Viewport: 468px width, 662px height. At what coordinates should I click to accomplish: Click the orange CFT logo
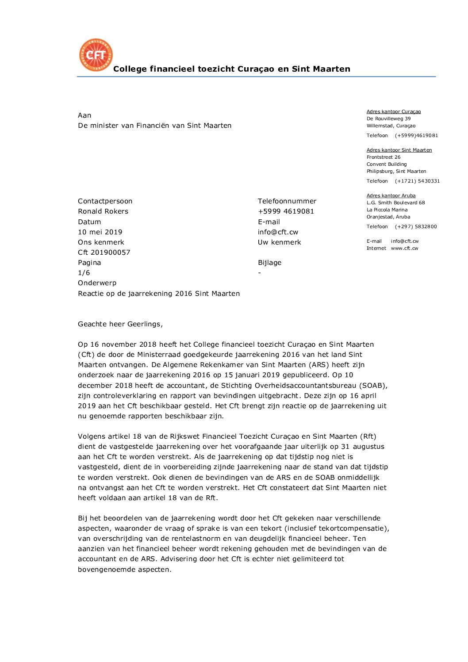[x=96, y=55]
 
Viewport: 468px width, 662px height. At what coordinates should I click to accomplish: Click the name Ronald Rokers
[x=103, y=211]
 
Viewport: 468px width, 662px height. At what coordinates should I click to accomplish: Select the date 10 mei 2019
[x=100, y=232]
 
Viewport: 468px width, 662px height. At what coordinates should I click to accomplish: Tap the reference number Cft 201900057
[x=104, y=253]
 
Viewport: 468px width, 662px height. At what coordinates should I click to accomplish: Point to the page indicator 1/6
[x=84, y=273]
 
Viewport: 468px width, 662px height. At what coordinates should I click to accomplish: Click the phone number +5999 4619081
[x=286, y=211]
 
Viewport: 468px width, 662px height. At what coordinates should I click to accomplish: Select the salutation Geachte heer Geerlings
[x=120, y=324]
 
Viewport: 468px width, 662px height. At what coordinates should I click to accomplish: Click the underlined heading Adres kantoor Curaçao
[x=393, y=112]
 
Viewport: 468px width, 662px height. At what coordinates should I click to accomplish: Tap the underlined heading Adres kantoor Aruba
[x=391, y=196]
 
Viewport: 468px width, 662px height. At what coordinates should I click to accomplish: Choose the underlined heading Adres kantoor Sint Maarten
[x=399, y=150]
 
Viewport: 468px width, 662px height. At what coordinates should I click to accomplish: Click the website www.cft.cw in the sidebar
[x=404, y=249]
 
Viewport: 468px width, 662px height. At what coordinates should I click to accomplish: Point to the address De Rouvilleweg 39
[x=388, y=119]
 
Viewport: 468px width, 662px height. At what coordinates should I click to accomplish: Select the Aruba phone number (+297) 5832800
[x=416, y=227]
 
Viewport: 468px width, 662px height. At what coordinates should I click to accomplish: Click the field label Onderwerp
[x=97, y=283]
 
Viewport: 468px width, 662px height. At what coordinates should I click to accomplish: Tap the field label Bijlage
[x=269, y=263]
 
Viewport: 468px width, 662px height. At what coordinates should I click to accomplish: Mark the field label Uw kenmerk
[x=279, y=242]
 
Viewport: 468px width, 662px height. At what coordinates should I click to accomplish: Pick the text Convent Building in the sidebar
[x=386, y=165]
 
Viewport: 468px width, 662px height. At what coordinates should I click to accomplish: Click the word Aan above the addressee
[x=84, y=115]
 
